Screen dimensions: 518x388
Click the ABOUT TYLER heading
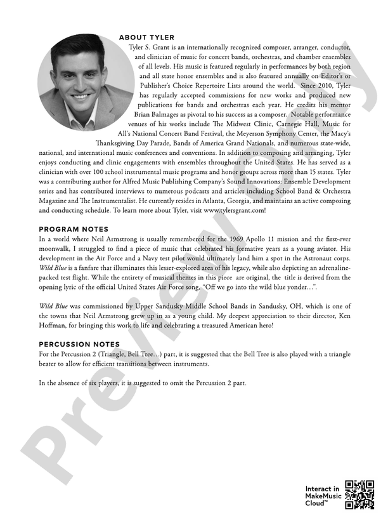point(146,37)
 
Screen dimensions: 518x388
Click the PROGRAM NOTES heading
point(74,229)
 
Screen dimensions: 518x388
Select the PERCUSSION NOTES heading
point(79,343)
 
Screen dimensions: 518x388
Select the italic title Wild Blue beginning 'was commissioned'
point(53,306)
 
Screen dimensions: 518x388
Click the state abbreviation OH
point(277,306)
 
